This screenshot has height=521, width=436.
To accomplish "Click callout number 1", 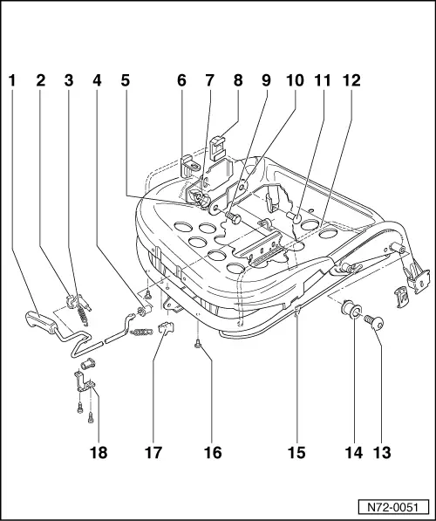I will (12, 81).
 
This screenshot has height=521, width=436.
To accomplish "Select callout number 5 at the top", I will (126, 81).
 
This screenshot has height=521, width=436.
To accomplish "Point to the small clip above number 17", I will (168, 328).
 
